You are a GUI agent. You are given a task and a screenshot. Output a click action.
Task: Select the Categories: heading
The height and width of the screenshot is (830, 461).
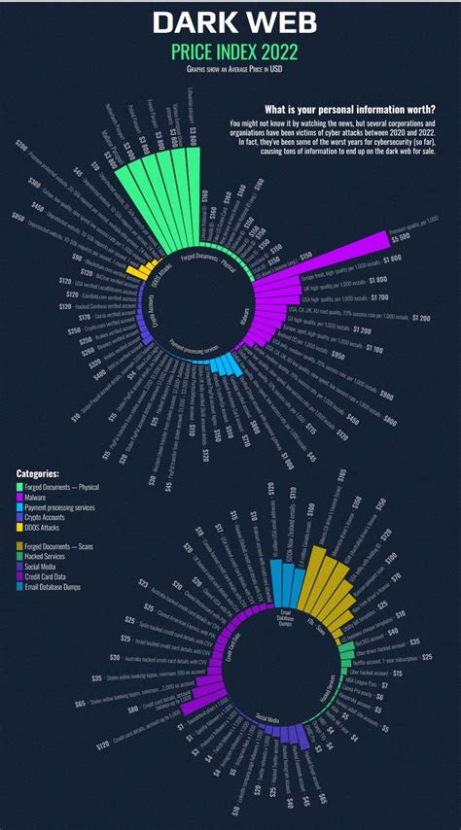click(x=38, y=473)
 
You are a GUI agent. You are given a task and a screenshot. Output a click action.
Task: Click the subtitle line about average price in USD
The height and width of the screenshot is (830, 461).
click(x=233, y=70)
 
